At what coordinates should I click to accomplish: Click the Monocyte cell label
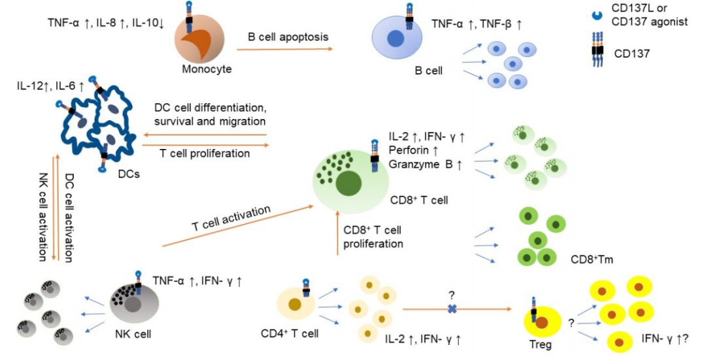207,69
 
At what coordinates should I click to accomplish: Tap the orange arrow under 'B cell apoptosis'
284,48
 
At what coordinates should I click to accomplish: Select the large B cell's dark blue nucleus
395,39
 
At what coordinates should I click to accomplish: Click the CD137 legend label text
631,54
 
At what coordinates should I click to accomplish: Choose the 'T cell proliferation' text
205,154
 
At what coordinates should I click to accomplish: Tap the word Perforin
407,150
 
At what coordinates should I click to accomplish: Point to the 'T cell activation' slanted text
231,219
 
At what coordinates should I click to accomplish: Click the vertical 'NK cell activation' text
43,217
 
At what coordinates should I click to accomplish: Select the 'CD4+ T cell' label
290,333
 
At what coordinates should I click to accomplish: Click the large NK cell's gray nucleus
133,305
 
